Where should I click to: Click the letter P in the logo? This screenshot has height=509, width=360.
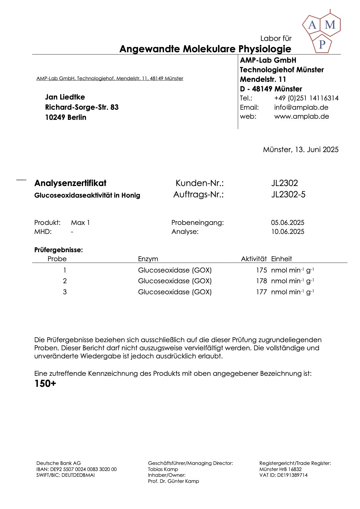tap(322, 44)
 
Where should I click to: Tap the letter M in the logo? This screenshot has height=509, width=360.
tap(330, 25)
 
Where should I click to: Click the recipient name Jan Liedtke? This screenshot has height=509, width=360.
tap(65, 97)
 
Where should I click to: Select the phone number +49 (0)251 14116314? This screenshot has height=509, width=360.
tap(306, 98)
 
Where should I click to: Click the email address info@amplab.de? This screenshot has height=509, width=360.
tap(301, 107)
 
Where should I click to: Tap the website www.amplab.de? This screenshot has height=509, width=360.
tap(301, 116)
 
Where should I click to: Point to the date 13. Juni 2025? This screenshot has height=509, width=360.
tap(317, 149)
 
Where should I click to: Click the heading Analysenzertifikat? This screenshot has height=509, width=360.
tap(70, 183)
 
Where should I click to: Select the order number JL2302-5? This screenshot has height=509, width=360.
tap(288, 194)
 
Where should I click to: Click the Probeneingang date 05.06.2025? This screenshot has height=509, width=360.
tap(288, 223)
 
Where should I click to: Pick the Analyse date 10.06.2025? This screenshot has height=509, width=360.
tap(288, 232)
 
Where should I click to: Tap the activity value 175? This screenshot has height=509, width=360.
tap(261, 270)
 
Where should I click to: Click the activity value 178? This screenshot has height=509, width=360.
tap(261, 281)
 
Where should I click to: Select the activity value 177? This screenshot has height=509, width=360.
tap(261, 292)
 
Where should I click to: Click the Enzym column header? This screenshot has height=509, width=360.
tap(148, 259)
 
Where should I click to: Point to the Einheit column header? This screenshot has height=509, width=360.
tap(281, 259)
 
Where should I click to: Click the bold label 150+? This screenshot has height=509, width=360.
tap(45, 384)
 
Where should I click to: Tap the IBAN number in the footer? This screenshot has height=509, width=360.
tap(83, 469)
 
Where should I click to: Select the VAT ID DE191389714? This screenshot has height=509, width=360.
tap(292, 475)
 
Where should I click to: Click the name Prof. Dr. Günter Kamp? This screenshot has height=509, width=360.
tap(173, 481)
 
